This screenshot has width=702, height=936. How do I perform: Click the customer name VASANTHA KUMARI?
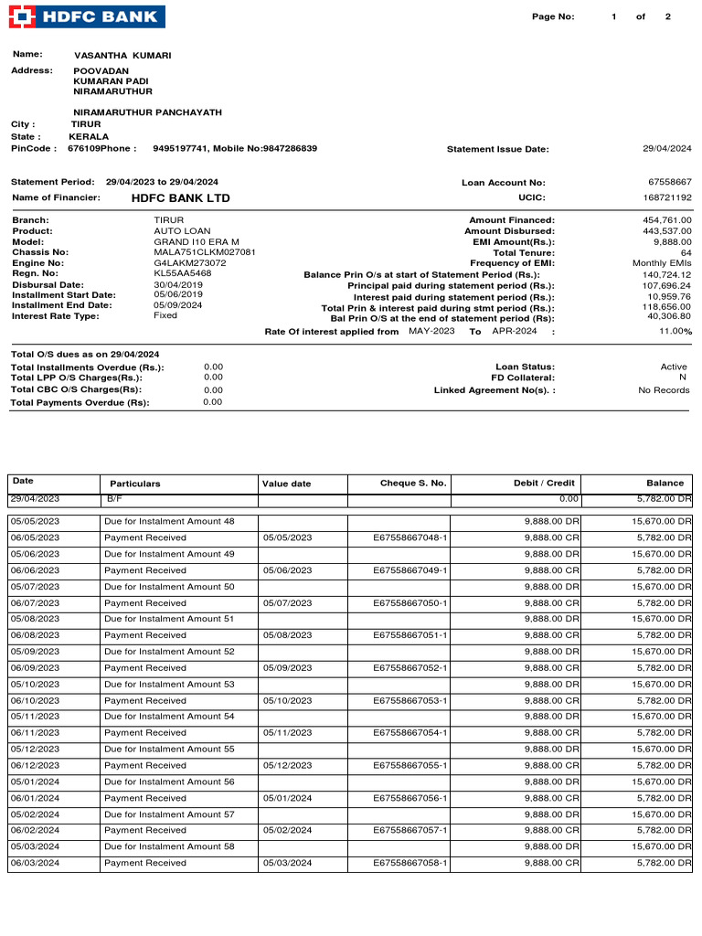click(122, 56)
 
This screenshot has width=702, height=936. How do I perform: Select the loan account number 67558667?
click(669, 183)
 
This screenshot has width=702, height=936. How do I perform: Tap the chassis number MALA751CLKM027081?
click(205, 252)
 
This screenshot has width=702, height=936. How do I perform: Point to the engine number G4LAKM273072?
click(189, 263)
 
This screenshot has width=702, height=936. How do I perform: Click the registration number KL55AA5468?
click(183, 273)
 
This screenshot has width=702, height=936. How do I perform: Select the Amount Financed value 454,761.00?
click(667, 220)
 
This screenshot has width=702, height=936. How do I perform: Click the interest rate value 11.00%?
click(675, 332)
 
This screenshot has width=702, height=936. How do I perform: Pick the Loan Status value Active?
click(674, 367)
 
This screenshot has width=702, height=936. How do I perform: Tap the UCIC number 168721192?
click(667, 197)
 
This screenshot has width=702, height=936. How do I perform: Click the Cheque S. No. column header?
click(413, 483)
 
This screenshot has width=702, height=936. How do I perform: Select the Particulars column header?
click(135, 484)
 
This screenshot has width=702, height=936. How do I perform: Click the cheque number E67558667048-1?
click(410, 537)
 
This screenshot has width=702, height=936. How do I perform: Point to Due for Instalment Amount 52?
click(169, 652)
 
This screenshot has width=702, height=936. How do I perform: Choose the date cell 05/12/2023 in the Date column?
click(35, 749)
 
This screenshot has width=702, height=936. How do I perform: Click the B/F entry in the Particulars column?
click(114, 499)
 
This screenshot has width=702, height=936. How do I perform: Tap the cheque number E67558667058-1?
click(410, 863)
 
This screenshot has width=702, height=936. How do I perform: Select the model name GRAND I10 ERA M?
click(197, 241)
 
